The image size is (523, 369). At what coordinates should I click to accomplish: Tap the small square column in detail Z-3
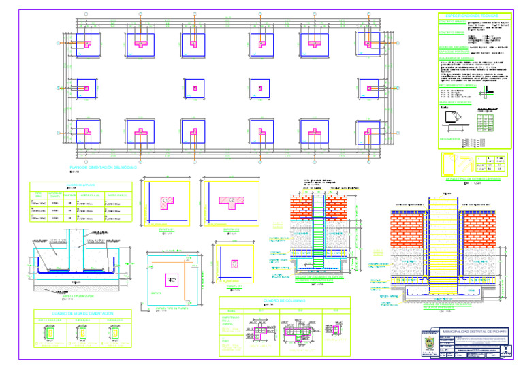click(x=234, y=263)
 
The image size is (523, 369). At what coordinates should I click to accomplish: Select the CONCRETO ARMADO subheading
click(x=451, y=32)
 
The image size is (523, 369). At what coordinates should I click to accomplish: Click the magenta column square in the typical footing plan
click(x=170, y=279)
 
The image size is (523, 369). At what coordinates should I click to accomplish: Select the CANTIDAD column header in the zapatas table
click(x=56, y=195)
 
